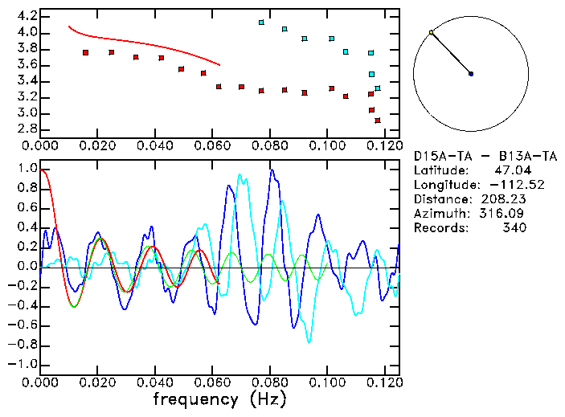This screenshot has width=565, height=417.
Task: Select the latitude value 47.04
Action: (x=510, y=170)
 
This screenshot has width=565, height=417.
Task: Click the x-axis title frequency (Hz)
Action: (x=219, y=399)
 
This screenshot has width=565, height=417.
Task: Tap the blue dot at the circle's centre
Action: (x=471, y=74)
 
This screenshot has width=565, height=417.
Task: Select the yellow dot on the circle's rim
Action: (x=432, y=32)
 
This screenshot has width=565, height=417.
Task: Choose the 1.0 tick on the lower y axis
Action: (x=27, y=169)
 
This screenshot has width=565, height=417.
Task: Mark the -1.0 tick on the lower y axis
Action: (x=23, y=363)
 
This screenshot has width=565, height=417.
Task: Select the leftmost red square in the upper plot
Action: (x=85, y=52)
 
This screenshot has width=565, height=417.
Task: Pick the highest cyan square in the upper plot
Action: (x=261, y=22)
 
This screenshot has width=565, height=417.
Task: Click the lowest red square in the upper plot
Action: (x=378, y=121)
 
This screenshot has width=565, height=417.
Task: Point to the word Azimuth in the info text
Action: (x=440, y=213)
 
